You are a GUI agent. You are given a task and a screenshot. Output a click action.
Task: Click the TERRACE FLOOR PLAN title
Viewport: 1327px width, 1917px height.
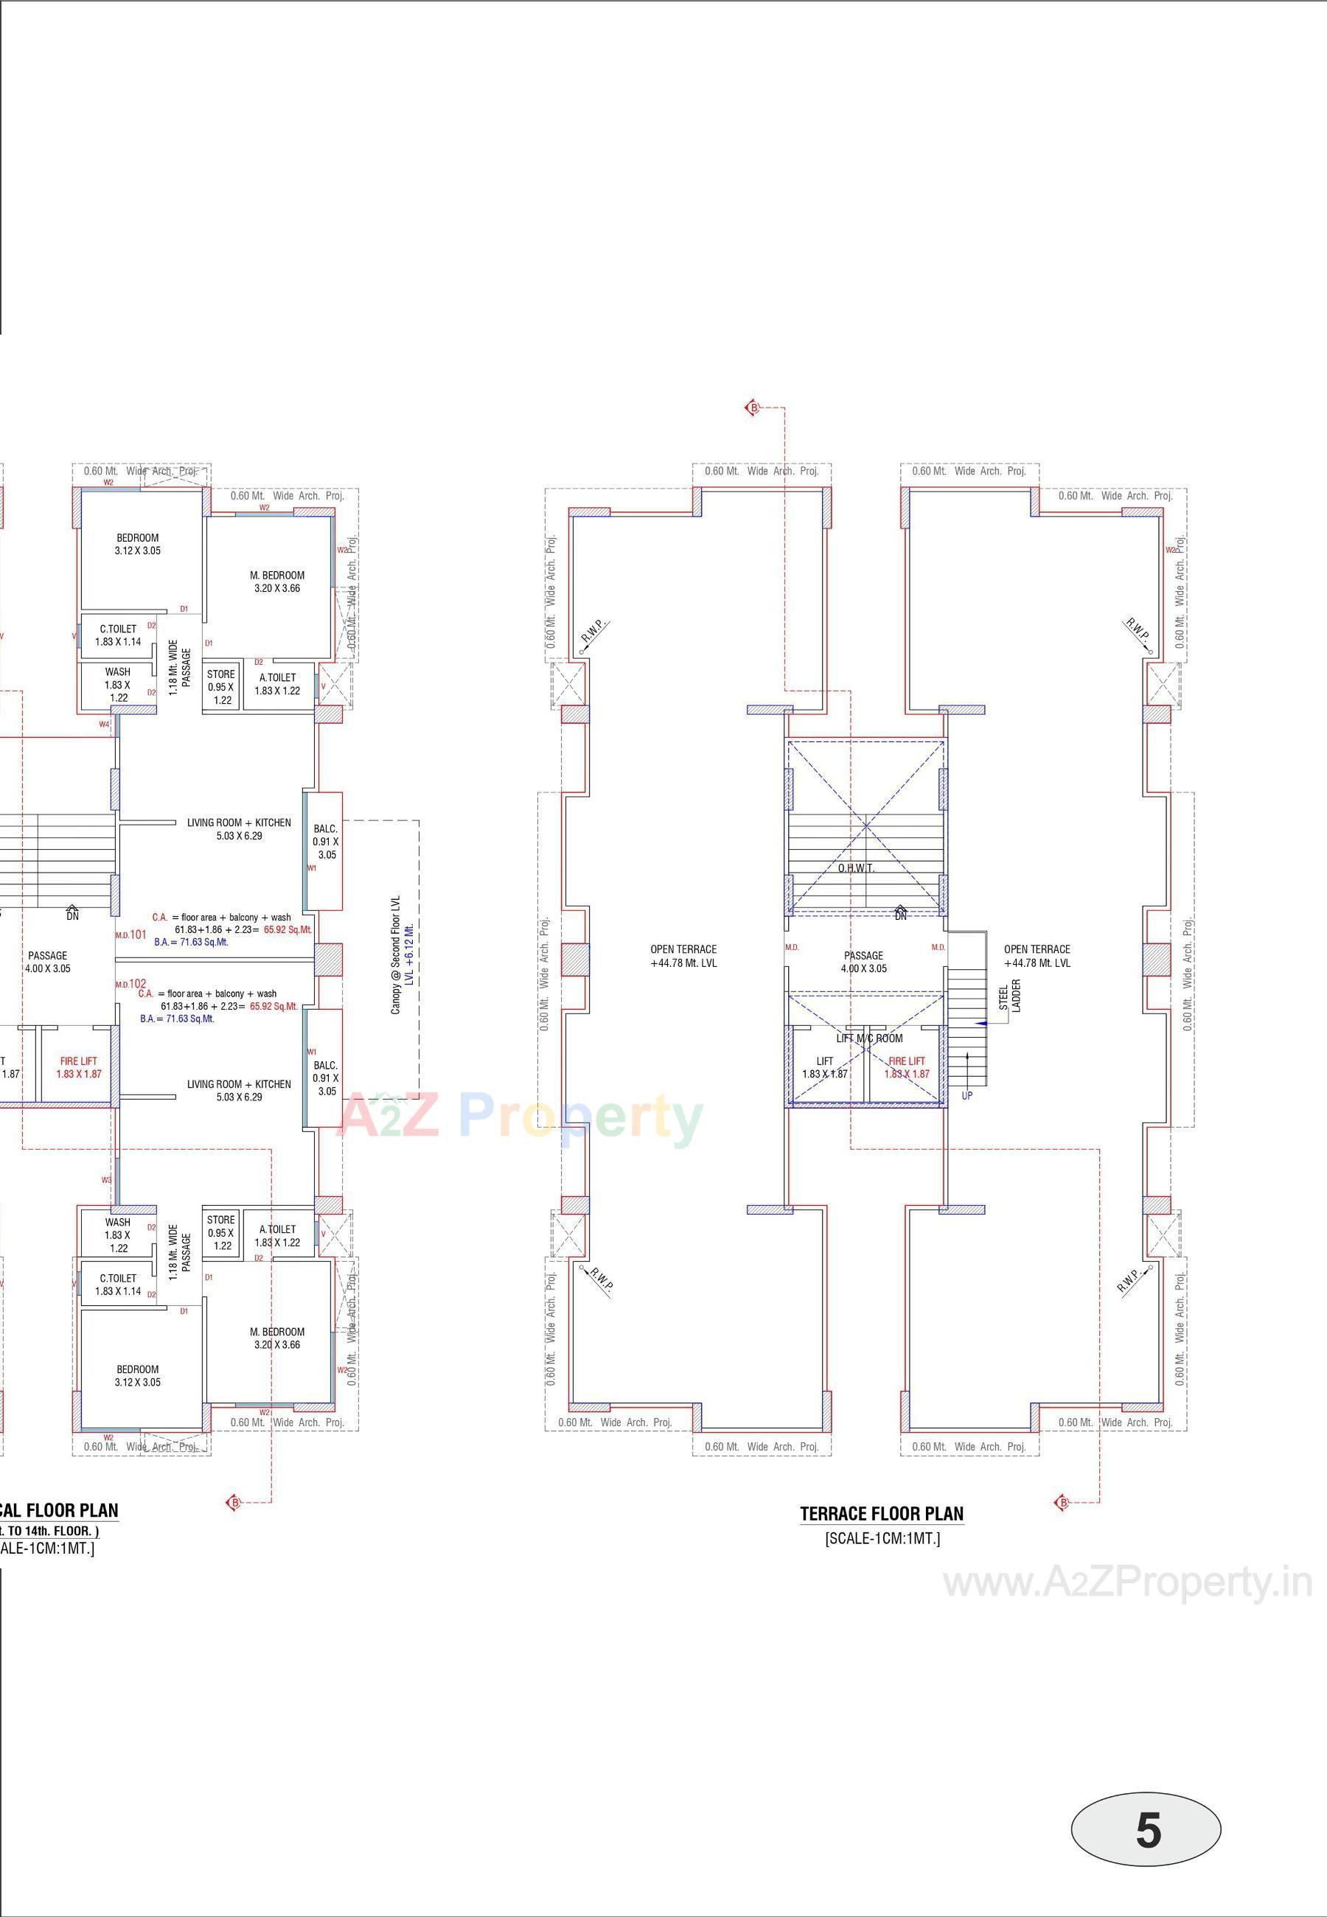[x=881, y=1514]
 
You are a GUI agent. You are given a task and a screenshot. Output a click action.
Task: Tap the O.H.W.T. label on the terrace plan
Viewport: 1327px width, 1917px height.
[x=856, y=868]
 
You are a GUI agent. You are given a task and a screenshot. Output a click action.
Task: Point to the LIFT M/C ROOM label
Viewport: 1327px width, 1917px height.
[x=869, y=1038]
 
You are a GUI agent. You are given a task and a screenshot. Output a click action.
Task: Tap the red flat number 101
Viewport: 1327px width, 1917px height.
[x=138, y=935]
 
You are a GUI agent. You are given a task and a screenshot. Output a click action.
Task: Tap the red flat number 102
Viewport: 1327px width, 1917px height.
[x=138, y=984]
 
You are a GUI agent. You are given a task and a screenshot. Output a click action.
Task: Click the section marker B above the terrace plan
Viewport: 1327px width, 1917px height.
[x=753, y=408]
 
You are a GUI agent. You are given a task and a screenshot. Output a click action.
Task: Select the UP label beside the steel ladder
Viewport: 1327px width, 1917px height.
[x=967, y=1096]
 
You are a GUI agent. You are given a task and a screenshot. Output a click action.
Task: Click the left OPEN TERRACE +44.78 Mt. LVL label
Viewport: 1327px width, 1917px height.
[x=683, y=956]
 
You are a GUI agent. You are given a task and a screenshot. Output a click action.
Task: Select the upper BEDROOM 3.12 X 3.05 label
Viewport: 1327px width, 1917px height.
[x=137, y=545]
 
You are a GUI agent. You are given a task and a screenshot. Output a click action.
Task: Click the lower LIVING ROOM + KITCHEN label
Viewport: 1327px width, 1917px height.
[x=239, y=1090]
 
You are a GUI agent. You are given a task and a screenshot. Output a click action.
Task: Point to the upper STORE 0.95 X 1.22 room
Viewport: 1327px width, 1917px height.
[x=221, y=688]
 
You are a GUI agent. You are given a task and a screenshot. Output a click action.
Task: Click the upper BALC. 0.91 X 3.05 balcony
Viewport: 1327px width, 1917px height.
[x=325, y=841]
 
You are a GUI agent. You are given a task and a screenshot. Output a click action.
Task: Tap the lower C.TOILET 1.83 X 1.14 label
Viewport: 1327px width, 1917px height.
[x=118, y=1285]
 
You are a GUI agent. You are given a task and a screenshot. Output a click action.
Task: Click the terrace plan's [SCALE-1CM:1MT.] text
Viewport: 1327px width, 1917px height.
[x=882, y=1539]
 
